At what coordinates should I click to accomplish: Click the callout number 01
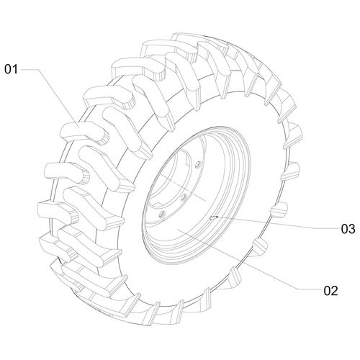point(10,69)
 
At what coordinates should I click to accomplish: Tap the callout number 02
point(330,291)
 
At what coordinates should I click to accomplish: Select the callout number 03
point(347,229)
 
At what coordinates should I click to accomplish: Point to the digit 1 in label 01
point(14,69)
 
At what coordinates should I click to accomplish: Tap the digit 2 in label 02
point(333,291)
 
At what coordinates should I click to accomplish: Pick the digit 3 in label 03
point(351,229)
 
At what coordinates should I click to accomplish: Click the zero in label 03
point(343,229)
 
